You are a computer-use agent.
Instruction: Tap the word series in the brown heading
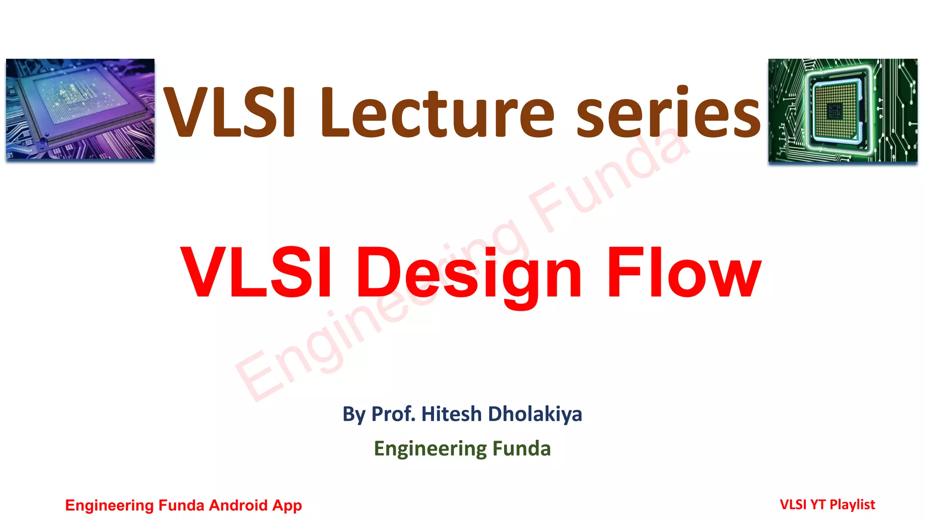click(x=669, y=113)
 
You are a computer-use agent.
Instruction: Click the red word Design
click(x=470, y=273)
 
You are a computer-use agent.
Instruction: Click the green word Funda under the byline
click(x=521, y=449)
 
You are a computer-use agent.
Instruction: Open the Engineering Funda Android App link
click(x=183, y=505)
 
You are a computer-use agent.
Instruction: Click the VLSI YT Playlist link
click(x=827, y=504)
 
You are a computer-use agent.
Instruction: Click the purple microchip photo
click(x=80, y=109)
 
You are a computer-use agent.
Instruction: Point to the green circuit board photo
click(x=843, y=110)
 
